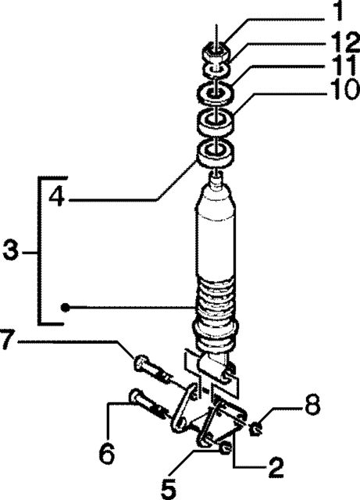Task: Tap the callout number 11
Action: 344,66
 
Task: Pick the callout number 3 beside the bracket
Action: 10,251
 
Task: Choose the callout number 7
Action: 7,341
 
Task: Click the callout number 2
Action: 276,467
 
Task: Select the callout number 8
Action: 312,405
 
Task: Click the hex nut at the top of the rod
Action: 216,52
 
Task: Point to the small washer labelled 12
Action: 216,70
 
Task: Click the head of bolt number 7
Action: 139,362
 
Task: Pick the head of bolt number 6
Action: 134,396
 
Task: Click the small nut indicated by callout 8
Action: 256,429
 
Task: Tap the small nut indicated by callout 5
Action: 225,448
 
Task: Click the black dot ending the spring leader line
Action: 65,307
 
